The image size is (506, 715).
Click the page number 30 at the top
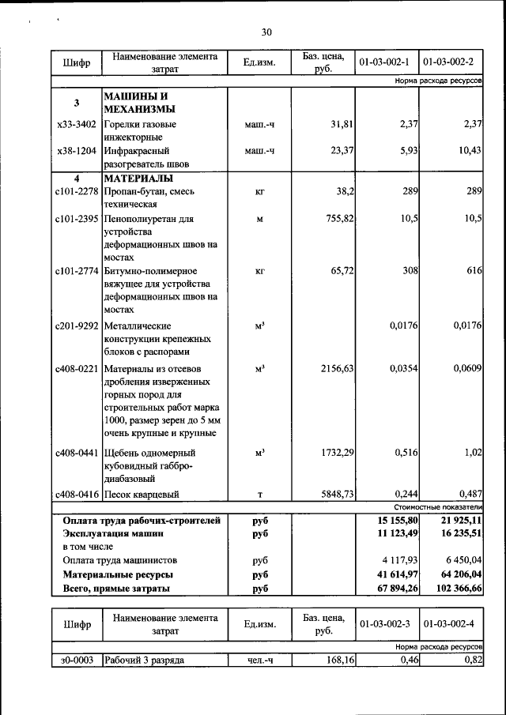[266, 32]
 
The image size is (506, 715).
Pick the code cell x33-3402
[77, 124]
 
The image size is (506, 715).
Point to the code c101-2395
[77, 218]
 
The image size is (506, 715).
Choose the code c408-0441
[77, 453]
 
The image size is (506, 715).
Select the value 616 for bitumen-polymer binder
[473, 270]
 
